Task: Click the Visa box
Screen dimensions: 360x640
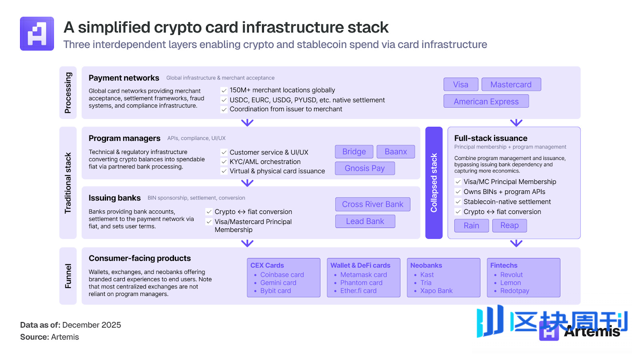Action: click(x=461, y=84)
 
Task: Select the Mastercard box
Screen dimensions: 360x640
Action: click(x=511, y=84)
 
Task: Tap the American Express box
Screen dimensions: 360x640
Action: click(x=486, y=102)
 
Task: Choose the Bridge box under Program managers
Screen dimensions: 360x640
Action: click(x=354, y=152)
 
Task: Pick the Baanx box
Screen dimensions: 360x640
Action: click(x=396, y=152)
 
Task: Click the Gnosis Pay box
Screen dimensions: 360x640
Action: click(x=364, y=168)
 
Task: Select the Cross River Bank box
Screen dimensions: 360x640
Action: click(x=372, y=204)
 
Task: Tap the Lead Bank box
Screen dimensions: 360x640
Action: click(x=365, y=221)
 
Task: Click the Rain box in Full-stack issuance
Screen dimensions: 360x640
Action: click(x=471, y=226)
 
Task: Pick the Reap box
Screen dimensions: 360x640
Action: click(x=509, y=226)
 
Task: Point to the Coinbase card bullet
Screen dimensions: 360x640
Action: click(x=282, y=275)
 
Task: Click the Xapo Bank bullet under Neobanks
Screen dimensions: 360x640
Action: click(x=436, y=291)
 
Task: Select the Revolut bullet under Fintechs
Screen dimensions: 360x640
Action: click(x=511, y=275)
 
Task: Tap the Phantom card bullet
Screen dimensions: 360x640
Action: click(x=361, y=283)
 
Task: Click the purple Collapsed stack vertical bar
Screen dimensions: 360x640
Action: click(x=434, y=183)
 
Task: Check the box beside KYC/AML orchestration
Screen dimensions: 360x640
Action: click(x=224, y=162)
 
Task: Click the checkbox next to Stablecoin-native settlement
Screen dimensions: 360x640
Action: click(x=458, y=202)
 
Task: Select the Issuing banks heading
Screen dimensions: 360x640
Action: click(x=114, y=198)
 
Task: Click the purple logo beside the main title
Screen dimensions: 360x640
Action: click(x=37, y=34)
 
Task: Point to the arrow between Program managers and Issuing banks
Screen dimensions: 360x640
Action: click(x=247, y=183)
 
